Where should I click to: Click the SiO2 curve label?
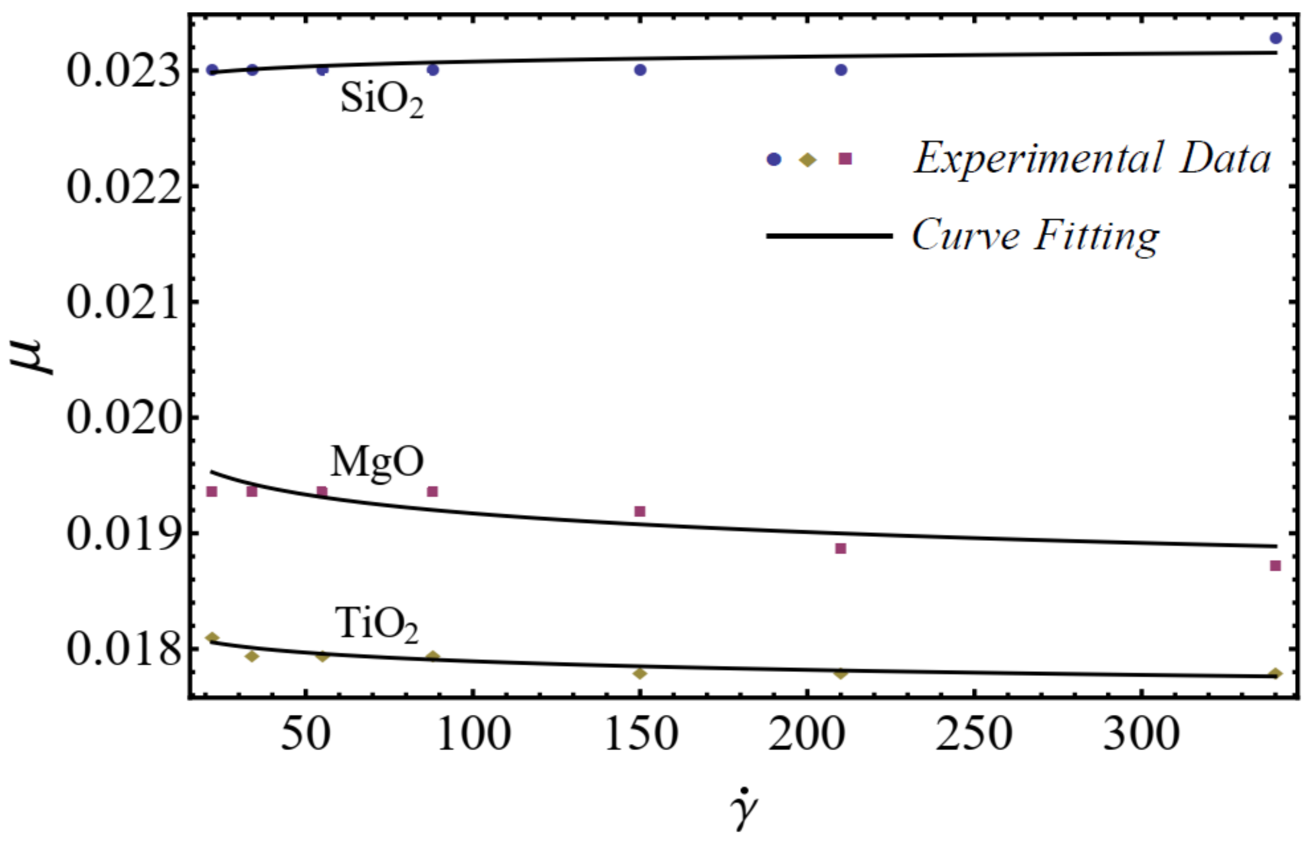[382, 99]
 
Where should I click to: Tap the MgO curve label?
[377, 462]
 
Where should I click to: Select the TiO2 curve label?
[377, 625]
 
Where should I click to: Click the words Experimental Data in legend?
[1092, 159]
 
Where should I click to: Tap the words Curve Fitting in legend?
[1035, 236]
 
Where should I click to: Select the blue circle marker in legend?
[774, 160]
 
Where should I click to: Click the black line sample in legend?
[829, 236]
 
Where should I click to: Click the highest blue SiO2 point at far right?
[1275, 38]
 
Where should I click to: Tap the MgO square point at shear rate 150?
[640, 511]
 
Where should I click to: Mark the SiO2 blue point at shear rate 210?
[841, 70]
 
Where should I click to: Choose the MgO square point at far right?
[1275, 566]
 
